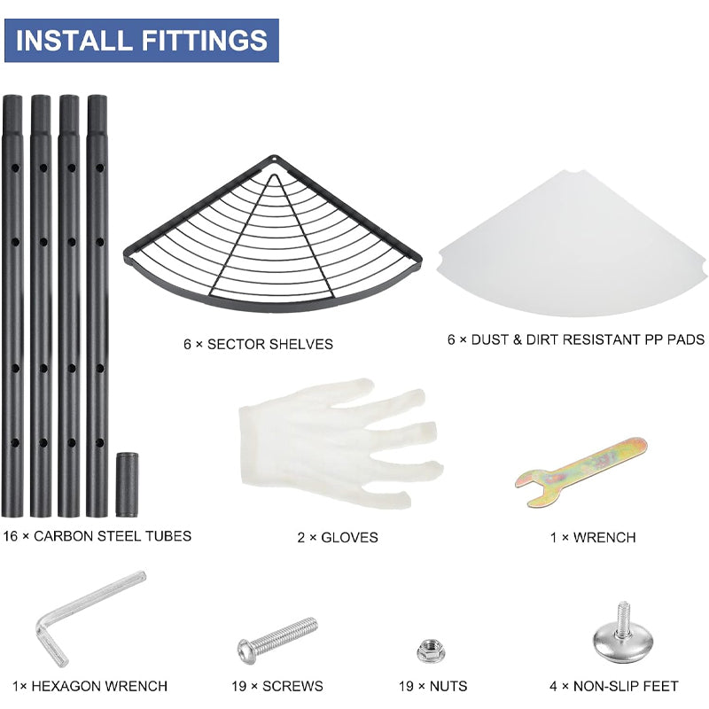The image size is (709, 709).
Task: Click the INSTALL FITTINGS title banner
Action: (142, 40)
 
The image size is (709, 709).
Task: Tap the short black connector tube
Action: (127, 484)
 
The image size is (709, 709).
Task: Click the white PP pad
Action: (572, 245)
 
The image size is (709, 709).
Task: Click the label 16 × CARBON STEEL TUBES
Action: (97, 536)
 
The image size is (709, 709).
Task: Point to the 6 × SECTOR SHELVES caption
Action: (258, 344)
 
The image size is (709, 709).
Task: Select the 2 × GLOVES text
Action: (338, 537)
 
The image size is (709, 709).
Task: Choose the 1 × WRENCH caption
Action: (593, 537)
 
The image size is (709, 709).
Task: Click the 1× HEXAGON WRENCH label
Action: (90, 686)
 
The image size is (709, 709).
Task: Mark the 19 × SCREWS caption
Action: (277, 686)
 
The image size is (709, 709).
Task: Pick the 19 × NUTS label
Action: (432, 686)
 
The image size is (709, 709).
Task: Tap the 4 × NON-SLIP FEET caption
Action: (614, 686)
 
